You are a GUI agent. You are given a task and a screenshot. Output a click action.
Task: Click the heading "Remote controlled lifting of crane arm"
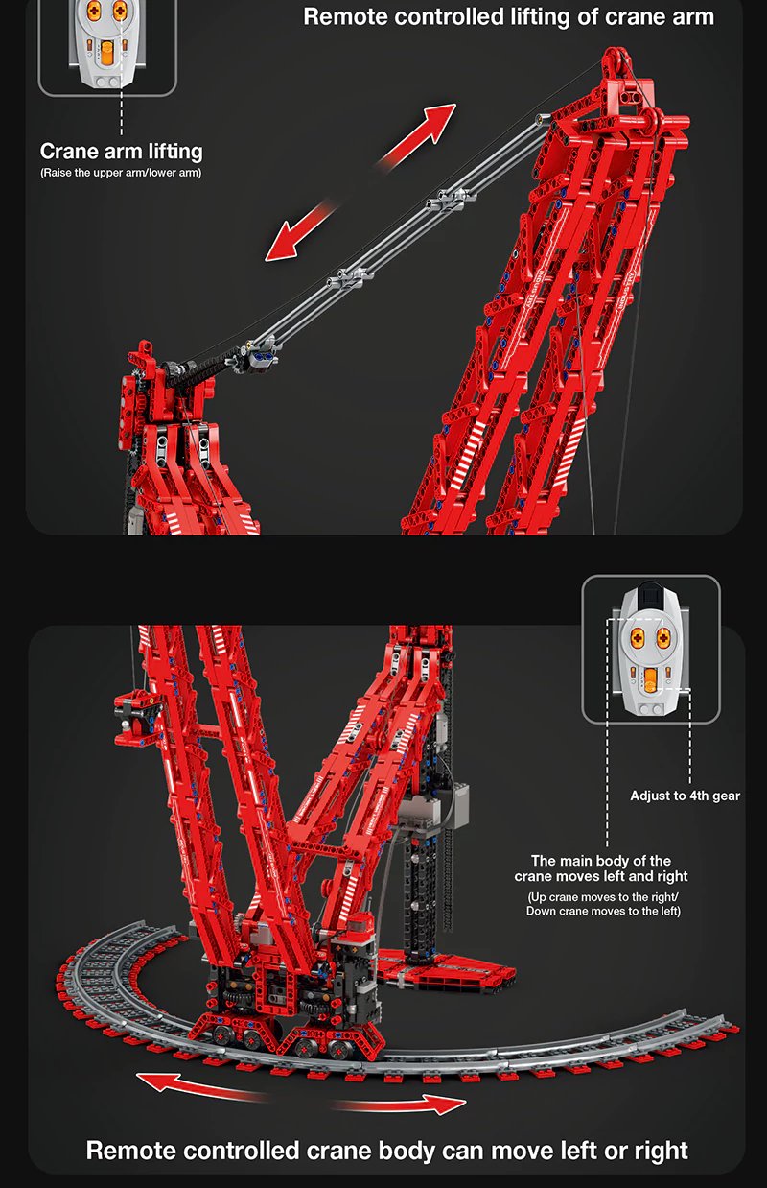(x=508, y=17)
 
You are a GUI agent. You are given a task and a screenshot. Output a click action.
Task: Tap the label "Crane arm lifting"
(x=122, y=152)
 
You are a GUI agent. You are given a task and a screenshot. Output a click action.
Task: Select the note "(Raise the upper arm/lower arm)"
(x=121, y=173)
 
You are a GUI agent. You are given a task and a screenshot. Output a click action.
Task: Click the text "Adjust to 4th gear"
(x=685, y=796)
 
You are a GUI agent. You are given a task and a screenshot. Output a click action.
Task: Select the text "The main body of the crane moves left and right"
(x=601, y=868)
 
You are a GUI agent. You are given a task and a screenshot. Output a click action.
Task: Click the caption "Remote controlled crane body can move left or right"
(x=387, y=1151)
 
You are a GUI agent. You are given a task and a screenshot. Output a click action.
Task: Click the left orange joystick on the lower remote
(x=638, y=638)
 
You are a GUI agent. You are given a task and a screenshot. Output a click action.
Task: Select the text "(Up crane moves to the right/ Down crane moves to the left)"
(x=603, y=904)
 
